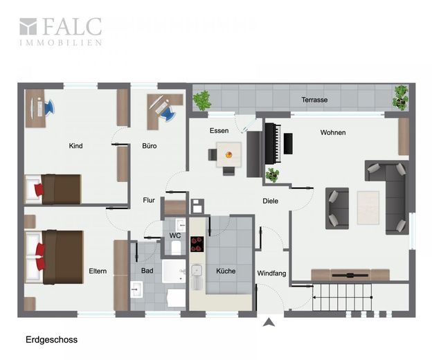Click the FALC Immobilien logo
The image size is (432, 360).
[61, 31]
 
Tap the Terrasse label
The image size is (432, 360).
[314, 100]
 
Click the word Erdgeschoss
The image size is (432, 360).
[51, 340]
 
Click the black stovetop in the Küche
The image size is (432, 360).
[197, 244]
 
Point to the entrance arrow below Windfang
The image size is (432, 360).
[269, 322]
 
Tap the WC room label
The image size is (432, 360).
[175, 235]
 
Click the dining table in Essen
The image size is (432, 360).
[228, 154]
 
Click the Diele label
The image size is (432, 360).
[270, 201]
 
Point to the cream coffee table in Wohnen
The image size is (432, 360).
[368, 208]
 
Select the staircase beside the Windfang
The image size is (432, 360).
[342, 297]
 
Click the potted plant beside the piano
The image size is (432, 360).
[273, 175]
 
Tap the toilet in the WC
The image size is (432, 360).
[176, 248]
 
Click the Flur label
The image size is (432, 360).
[149, 200]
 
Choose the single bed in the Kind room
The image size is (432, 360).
[53, 189]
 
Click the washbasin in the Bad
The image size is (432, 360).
[136, 289]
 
